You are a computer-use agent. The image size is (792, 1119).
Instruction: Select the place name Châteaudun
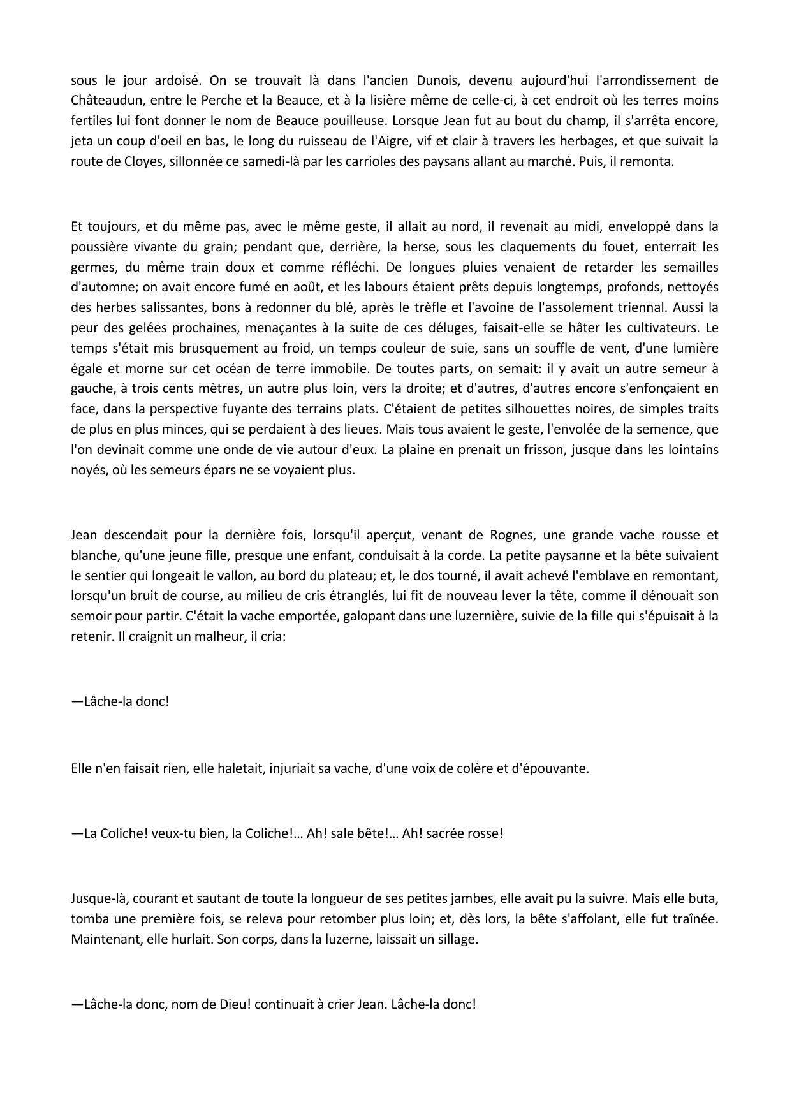[105, 101]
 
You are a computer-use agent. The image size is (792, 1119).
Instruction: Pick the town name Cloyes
[127, 162]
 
